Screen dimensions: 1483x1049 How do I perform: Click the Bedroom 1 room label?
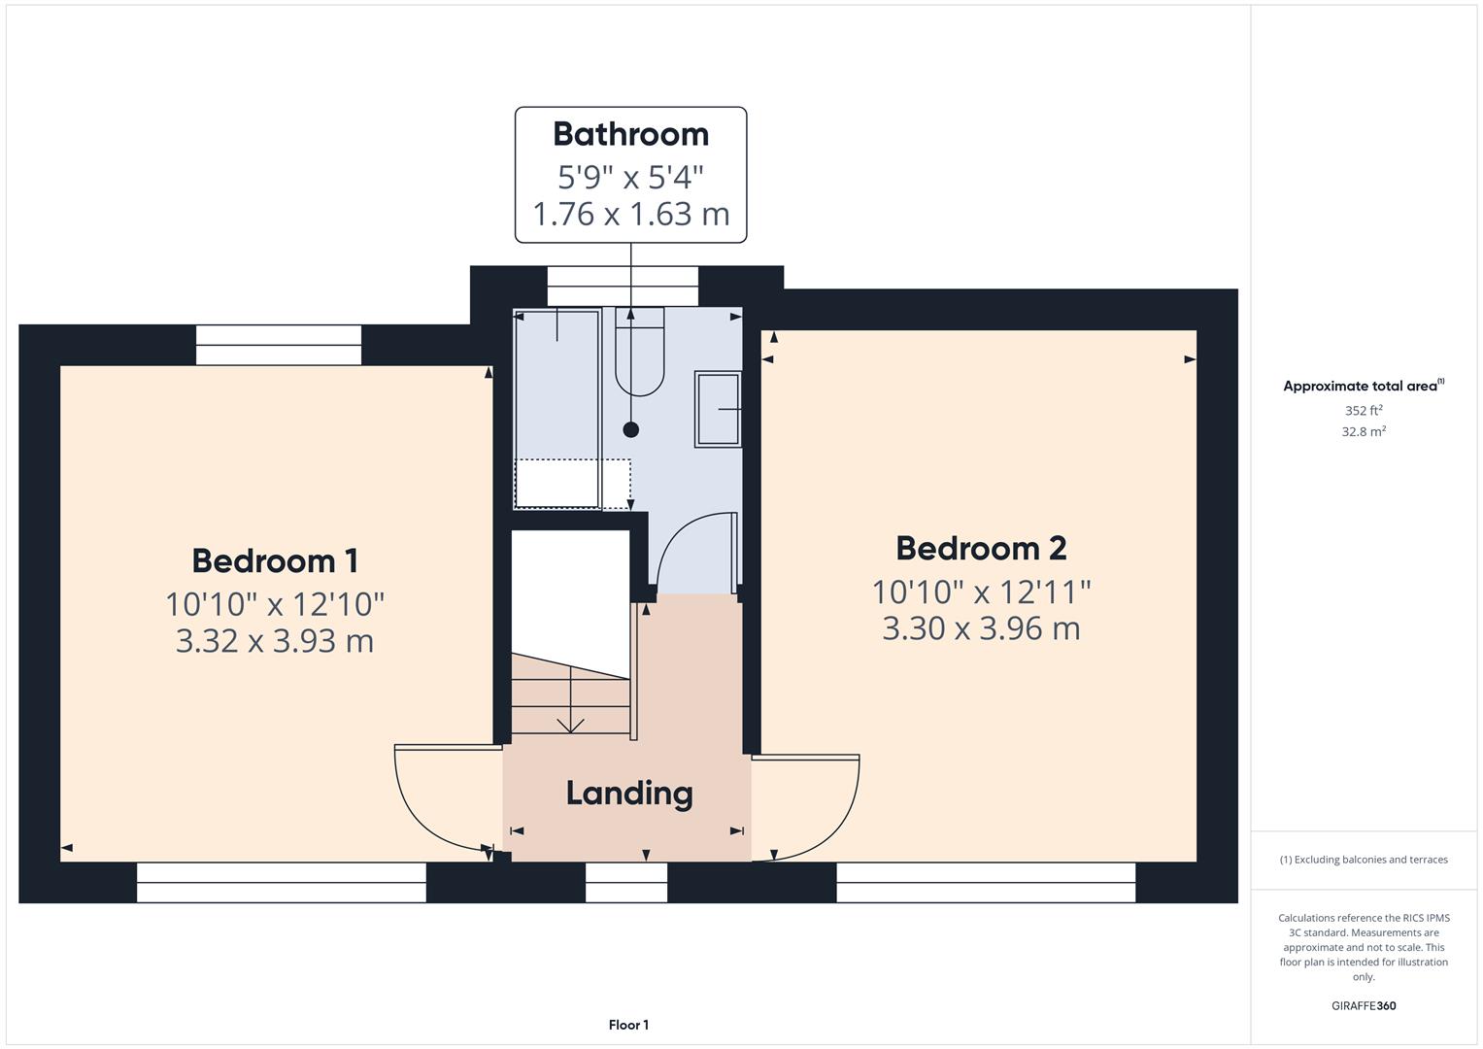pos(275,561)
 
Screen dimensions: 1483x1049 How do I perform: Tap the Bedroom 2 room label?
pos(981,549)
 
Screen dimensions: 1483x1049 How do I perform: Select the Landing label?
pos(629,794)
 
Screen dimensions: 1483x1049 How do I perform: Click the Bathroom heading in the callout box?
pos(631,134)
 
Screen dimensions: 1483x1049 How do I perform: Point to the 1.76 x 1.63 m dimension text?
pos(631,214)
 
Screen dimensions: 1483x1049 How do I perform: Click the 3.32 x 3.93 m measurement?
pos(275,641)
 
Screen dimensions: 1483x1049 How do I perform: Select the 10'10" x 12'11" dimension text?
pos(981,592)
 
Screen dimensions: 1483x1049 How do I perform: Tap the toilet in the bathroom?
pos(640,351)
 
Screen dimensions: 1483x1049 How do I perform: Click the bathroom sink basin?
pos(718,409)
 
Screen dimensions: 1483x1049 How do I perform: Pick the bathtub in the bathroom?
pos(557,408)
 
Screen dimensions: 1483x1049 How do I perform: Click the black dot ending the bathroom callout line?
pos(631,429)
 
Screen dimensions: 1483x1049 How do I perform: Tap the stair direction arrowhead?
pos(570,726)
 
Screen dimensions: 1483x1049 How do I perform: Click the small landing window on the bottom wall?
pos(626,883)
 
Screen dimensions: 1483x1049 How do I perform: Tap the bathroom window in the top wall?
pos(623,287)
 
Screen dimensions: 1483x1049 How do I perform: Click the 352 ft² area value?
pos(1364,411)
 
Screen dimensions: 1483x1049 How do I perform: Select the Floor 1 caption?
pos(628,1025)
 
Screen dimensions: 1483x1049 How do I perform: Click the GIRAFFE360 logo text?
pos(1364,1005)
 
